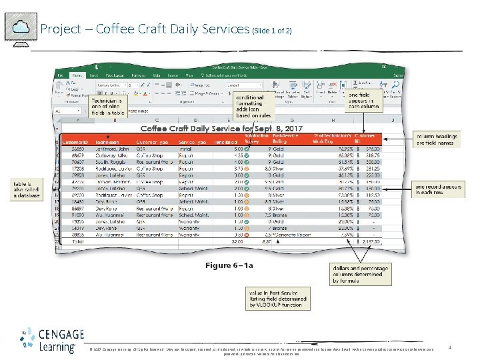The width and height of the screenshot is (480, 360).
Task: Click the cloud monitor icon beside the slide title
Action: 20,28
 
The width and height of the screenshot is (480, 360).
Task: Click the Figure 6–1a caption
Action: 229,265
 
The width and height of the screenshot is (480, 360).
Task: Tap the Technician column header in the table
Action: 107,142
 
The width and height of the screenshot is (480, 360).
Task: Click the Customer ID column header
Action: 74,142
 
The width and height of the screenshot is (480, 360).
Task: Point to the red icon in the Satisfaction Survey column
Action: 247,235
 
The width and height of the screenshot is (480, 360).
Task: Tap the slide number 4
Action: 451,347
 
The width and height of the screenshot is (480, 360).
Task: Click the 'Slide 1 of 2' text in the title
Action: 271,31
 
